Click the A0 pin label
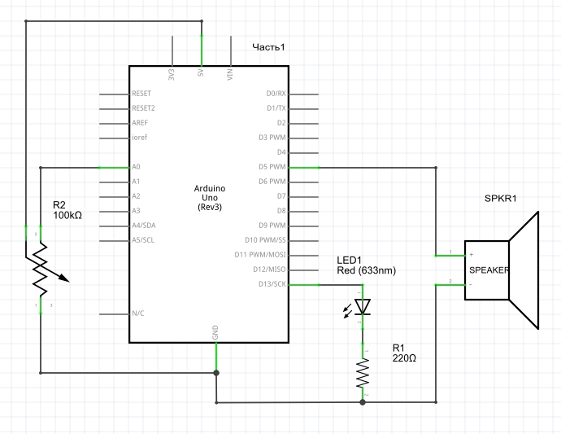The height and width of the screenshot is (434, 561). (x=136, y=167)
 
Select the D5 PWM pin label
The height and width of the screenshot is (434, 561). (x=272, y=167)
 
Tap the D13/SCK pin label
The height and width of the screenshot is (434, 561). (x=272, y=284)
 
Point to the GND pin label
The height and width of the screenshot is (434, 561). (x=215, y=332)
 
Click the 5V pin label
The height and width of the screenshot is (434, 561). (x=201, y=72)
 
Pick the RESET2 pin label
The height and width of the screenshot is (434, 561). (x=143, y=107)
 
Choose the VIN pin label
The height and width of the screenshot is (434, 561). (x=230, y=74)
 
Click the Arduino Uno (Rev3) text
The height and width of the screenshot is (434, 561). (x=210, y=198)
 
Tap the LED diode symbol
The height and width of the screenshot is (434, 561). (x=362, y=307)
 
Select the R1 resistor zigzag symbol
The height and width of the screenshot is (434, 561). (x=363, y=373)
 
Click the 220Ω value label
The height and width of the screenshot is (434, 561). (x=404, y=358)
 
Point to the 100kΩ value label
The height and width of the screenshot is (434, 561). (x=67, y=215)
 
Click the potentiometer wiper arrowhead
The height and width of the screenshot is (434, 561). (x=65, y=278)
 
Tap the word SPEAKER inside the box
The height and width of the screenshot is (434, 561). (x=489, y=270)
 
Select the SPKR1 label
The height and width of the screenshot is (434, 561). (x=501, y=198)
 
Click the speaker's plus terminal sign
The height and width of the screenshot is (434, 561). (x=472, y=254)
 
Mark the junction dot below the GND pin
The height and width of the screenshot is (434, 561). (x=216, y=373)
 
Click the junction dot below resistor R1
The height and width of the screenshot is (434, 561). (x=363, y=402)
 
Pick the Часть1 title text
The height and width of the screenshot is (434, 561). (x=268, y=47)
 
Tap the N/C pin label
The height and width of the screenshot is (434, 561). (x=137, y=313)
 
